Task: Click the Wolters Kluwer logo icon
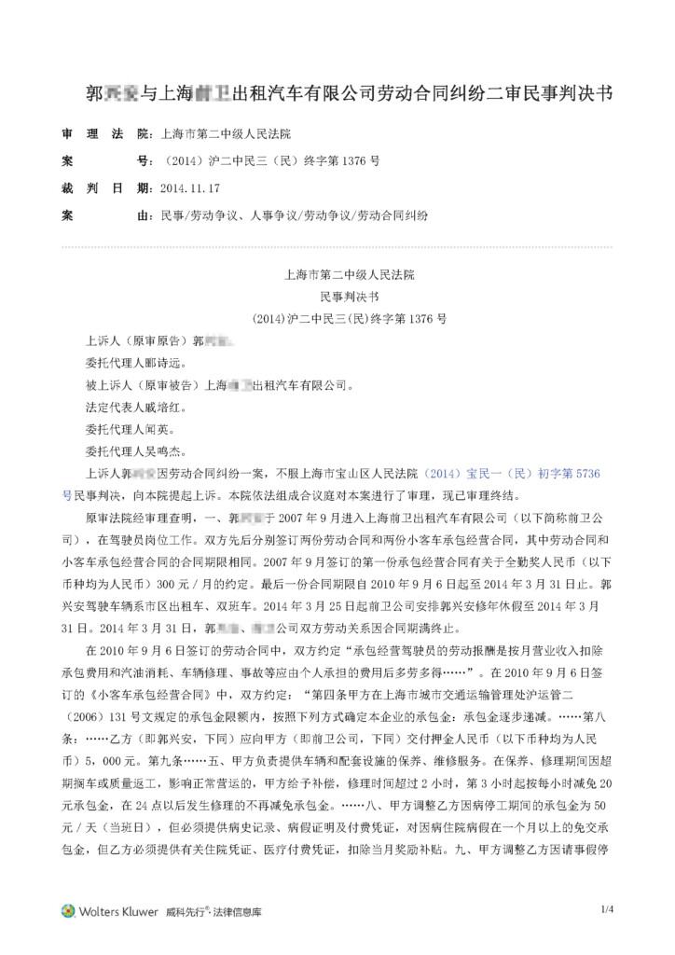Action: [x=68, y=910]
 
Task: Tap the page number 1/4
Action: [x=608, y=908]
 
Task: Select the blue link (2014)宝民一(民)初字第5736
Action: [x=512, y=474]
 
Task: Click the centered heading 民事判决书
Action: [x=350, y=297]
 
